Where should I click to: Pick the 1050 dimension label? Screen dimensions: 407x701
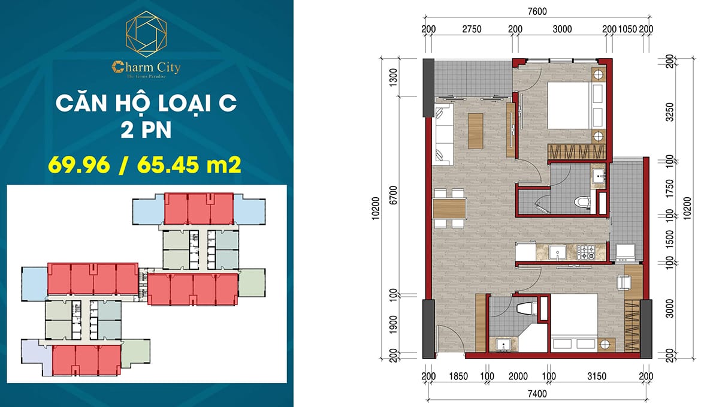(x=627, y=29)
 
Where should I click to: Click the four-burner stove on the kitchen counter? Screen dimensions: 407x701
(x=587, y=252)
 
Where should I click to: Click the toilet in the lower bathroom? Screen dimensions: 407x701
(x=525, y=309)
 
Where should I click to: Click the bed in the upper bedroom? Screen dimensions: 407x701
(x=572, y=105)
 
